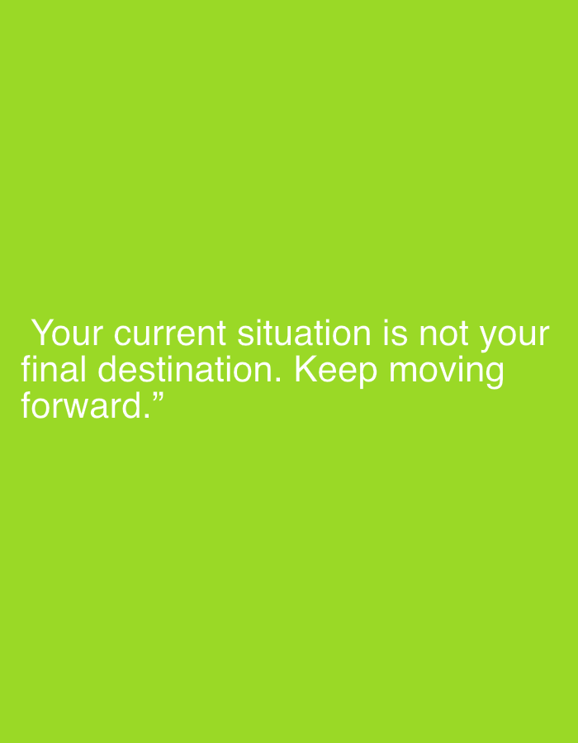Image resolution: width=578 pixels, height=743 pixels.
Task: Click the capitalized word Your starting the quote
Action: click(x=67, y=334)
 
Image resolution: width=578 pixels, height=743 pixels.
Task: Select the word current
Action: click(x=169, y=334)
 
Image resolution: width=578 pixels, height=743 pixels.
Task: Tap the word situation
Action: click(x=304, y=334)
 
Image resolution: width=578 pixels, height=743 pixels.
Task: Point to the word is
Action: click(x=396, y=334)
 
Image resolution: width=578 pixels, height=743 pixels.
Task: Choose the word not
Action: click(x=444, y=334)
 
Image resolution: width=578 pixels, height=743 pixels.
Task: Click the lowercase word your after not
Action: click(x=514, y=337)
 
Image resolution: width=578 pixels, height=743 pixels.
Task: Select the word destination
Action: click(x=185, y=369)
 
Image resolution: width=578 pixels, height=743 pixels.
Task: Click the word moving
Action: click(x=446, y=372)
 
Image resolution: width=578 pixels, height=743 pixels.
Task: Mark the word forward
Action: click(x=81, y=405)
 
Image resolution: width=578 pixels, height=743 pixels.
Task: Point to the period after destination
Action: click(x=277, y=380)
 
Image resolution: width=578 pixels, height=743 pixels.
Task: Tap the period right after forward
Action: click(x=146, y=417)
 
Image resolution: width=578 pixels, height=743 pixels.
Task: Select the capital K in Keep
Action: click(x=306, y=369)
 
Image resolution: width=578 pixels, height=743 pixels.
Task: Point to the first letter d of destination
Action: click(x=107, y=369)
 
